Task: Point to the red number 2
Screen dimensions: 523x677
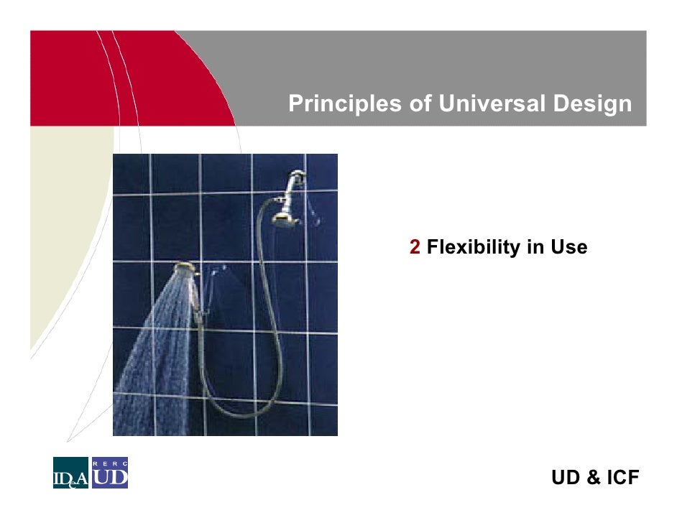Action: click(415, 248)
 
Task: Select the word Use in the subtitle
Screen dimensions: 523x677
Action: click(568, 248)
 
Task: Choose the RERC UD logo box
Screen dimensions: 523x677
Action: click(109, 473)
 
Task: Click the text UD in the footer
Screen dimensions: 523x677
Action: click(565, 478)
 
